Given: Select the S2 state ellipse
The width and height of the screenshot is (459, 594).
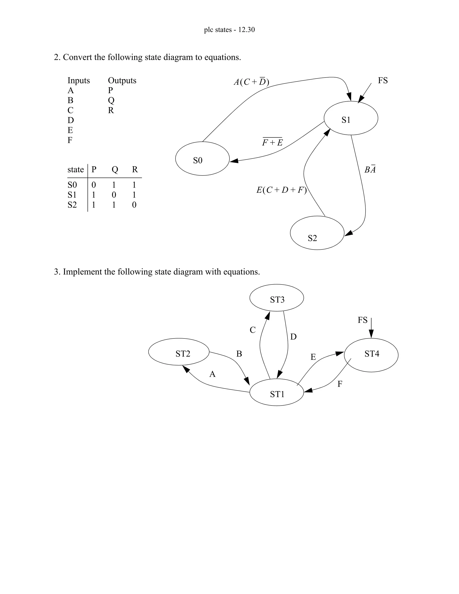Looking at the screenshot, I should (317, 233).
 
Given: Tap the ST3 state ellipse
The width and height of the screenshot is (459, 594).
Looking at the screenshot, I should (277, 298).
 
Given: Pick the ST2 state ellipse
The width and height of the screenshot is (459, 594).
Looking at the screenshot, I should (179, 352).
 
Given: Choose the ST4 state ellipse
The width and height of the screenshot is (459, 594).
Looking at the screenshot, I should (371, 355).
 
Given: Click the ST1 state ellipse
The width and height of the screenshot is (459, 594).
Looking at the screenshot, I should (277, 392).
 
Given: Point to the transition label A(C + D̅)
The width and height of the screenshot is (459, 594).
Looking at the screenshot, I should (251, 82).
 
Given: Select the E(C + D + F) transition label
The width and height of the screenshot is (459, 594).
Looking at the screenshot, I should (281, 190).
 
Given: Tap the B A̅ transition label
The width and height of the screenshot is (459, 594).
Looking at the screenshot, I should (370, 169).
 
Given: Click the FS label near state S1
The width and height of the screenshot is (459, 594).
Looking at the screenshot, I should (383, 80).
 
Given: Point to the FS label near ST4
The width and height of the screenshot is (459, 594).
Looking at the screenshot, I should (362, 320).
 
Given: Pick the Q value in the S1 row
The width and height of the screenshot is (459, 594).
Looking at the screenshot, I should (114, 195).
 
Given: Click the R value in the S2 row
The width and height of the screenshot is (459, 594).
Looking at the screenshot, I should (134, 205).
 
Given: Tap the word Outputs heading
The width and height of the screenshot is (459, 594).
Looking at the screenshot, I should (122, 80).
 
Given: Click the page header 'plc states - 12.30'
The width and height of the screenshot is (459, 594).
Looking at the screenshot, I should (229, 30).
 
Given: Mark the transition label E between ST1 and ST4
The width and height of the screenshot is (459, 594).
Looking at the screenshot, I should (313, 357).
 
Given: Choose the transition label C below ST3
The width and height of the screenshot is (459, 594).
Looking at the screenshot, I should (253, 330).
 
